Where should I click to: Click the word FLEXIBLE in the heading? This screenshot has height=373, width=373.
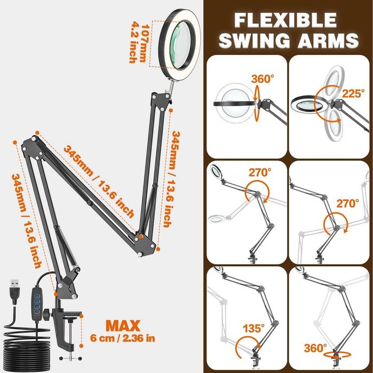point(285,20)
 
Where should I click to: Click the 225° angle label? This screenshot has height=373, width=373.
point(353,93)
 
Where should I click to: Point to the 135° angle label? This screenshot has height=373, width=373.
point(253,329)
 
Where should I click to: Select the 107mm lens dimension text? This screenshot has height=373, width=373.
point(145,43)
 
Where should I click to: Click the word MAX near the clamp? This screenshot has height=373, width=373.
point(123,326)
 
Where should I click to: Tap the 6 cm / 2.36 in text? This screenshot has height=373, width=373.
point(123,338)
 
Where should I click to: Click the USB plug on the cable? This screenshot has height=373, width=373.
point(15,291)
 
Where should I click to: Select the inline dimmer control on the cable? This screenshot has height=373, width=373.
point(37,304)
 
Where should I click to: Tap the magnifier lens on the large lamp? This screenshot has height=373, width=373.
point(180,45)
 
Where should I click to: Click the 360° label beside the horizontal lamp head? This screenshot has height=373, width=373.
point(263,79)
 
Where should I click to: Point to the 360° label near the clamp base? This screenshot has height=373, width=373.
point(315,348)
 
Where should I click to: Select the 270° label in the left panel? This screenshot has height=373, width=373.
point(260,172)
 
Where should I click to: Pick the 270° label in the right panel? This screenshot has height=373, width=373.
point(347,203)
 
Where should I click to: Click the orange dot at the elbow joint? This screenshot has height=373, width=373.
point(141,236)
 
